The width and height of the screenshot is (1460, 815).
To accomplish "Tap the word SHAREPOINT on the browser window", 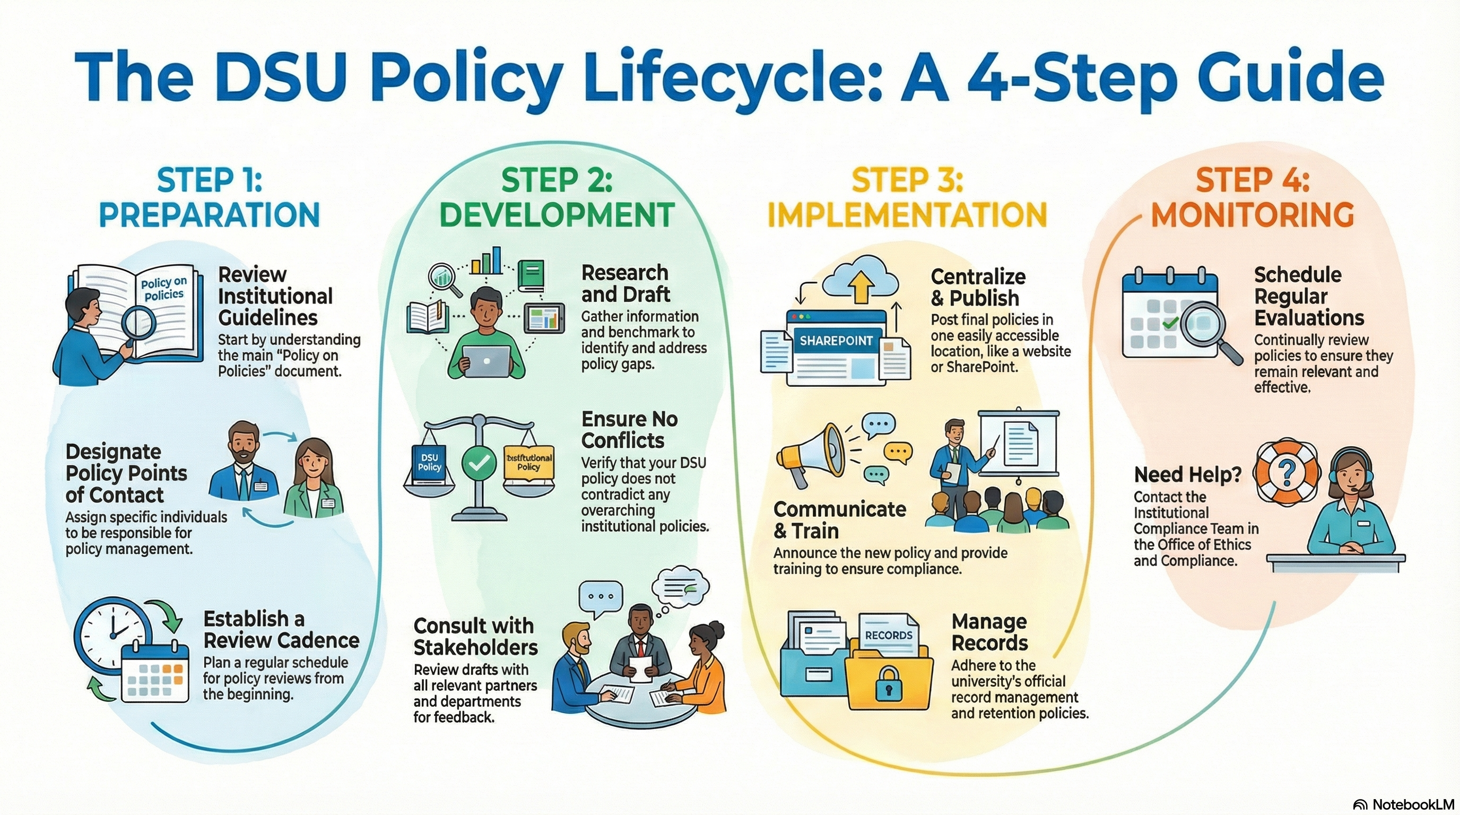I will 836,341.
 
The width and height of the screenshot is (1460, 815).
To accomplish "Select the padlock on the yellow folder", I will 888,682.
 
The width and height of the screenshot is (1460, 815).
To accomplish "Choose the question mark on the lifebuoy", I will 1287,471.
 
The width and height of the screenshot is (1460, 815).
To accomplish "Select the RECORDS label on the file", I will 888,635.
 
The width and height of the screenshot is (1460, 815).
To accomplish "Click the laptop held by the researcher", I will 486,360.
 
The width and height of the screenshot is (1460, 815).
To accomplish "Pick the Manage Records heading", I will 989,632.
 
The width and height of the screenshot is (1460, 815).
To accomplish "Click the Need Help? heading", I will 1187,474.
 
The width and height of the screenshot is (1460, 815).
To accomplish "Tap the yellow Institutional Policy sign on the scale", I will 528,464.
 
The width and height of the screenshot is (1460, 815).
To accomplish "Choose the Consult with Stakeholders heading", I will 475,637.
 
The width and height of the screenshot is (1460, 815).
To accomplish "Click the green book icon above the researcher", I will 531,276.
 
